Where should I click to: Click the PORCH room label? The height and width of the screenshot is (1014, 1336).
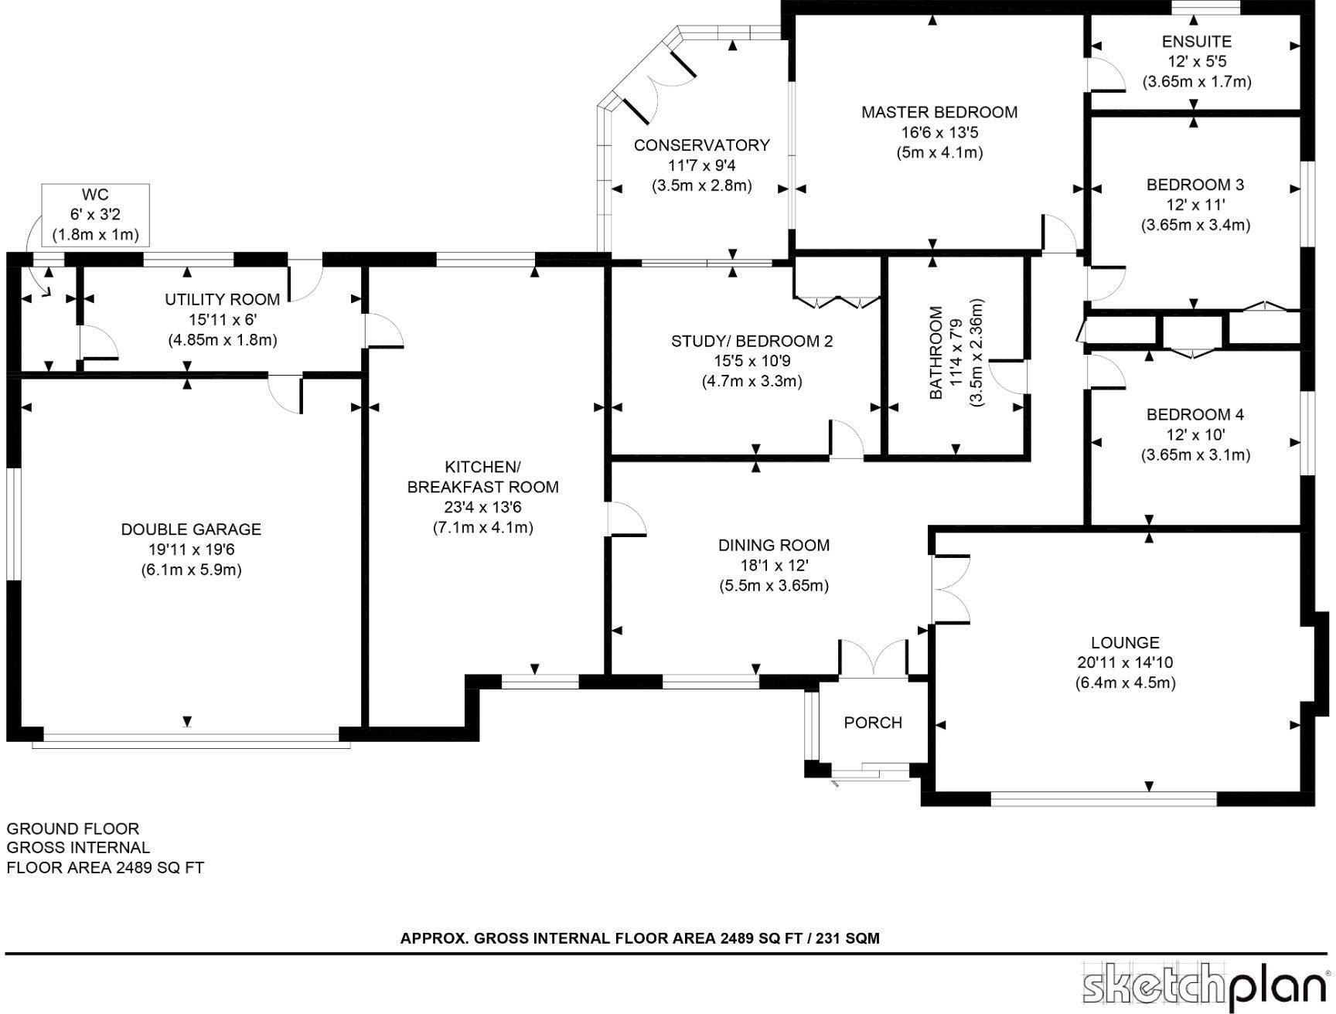873,723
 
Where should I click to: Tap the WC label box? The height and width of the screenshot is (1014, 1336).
95,214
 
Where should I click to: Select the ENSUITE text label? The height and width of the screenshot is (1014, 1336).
1196,41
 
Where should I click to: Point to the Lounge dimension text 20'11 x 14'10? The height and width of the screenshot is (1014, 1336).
1125,662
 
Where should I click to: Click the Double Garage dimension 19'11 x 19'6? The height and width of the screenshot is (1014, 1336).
191,550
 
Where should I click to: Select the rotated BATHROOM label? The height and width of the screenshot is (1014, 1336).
936,352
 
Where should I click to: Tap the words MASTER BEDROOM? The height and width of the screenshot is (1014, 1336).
939,112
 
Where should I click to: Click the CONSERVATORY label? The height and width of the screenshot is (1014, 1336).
701,145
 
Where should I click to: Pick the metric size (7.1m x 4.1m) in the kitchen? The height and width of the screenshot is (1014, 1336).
482,528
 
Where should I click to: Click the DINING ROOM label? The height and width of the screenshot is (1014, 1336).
773,545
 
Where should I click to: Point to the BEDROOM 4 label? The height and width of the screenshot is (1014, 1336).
1195,414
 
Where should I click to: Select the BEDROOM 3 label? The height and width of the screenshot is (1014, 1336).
1195,185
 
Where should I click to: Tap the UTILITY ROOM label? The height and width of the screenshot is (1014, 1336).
222,299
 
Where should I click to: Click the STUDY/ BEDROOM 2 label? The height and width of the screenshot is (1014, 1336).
751,341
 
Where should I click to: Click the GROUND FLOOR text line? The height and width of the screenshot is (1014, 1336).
73,829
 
